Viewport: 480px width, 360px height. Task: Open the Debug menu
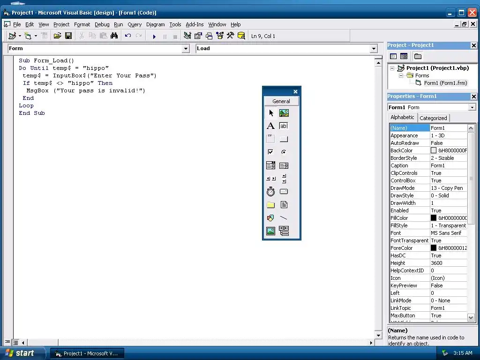coord(102,24)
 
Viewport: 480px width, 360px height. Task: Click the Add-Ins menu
coord(195,24)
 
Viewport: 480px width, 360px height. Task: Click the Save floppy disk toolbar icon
coord(68,36)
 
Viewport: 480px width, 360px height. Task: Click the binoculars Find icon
coord(114,36)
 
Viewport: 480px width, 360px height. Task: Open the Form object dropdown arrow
coord(186,49)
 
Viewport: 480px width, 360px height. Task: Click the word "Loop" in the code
coord(26,105)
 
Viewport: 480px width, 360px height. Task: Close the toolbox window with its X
coord(295,91)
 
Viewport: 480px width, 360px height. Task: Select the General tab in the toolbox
coord(281,101)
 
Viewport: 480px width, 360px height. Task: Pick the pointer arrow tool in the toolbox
coord(271,113)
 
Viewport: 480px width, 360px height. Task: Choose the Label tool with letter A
coord(270,126)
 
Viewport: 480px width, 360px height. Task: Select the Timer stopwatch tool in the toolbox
coord(270,192)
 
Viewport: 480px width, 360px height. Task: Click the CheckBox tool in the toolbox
coord(270,152)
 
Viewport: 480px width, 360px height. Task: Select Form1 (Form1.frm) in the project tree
coord(445,83)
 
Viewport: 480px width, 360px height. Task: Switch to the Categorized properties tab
coord(433,118)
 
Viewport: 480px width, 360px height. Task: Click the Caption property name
coord(399,165)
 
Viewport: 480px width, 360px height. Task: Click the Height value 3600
coord(436,263)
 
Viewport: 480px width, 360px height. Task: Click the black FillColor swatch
coord(434,218)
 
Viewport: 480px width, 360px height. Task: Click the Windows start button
coord(20,353)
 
